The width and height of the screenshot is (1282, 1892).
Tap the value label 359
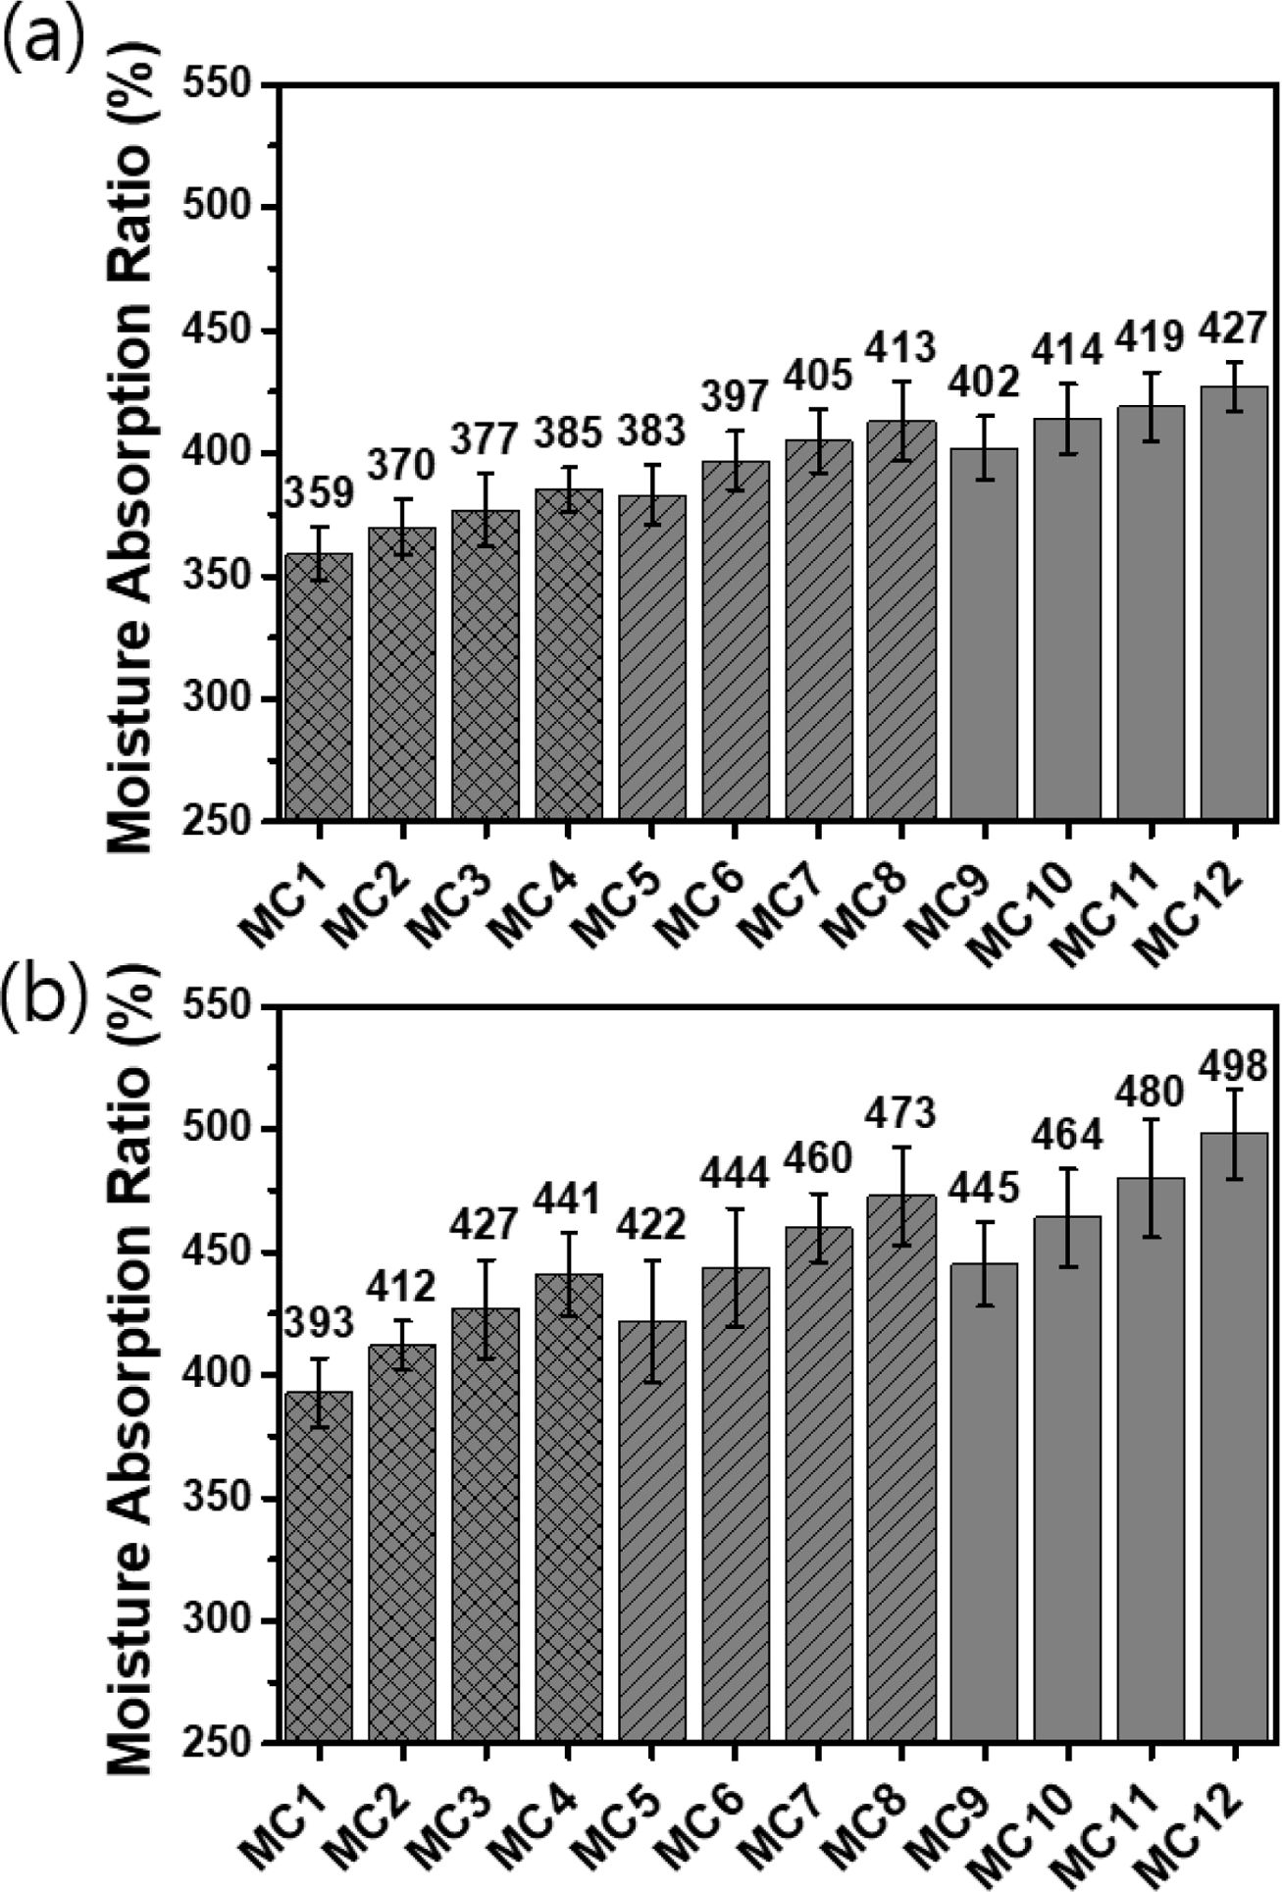319,493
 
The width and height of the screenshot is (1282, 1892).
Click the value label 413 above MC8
901,346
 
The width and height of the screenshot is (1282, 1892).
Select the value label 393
319,1323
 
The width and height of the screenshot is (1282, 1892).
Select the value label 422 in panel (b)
651,1226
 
